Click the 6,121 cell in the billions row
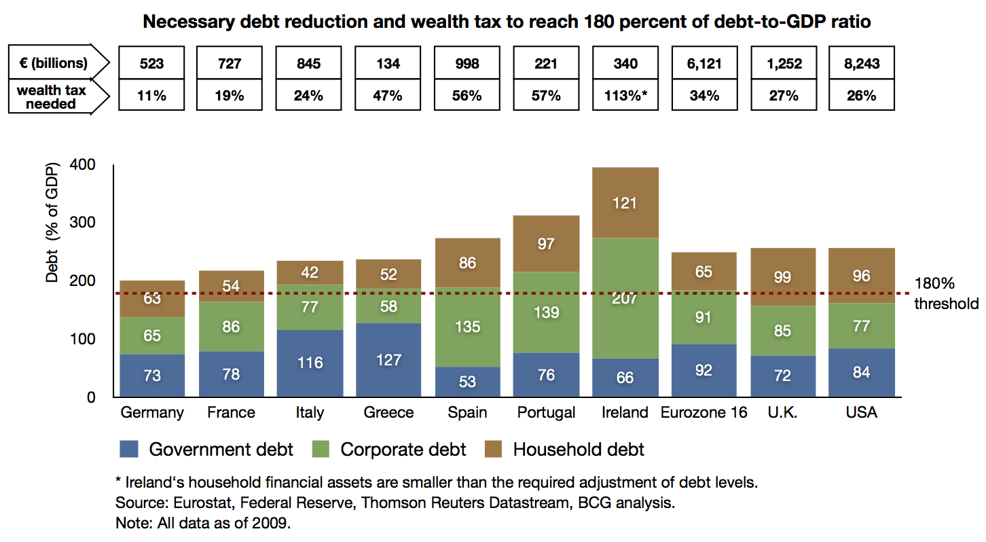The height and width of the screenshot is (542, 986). click(704, 64)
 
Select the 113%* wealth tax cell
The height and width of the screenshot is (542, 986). click(625, 96)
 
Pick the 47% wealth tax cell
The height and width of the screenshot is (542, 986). click(388, 96)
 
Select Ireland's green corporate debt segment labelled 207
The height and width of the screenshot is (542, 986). click(625, 298)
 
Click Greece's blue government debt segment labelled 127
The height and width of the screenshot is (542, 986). click(388, 360)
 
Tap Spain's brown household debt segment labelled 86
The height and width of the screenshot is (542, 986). click(467, 263)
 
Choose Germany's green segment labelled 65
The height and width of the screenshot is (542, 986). click(152, 336)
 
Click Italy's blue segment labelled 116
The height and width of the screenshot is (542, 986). click(309, 363)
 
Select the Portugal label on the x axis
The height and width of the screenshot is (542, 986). click(546, 413)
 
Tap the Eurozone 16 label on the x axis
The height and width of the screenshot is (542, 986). click(704, 413)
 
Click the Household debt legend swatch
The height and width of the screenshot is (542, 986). click(494, 450)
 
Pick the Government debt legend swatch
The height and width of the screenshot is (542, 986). click(129, 450)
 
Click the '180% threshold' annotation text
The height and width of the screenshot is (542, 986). click(946, 293)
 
